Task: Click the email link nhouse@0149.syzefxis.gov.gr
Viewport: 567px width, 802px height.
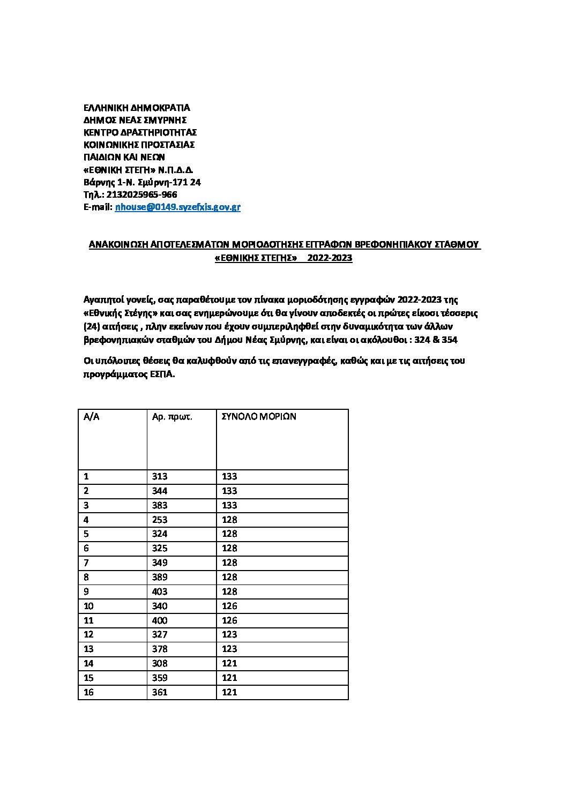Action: [x=177, y=207]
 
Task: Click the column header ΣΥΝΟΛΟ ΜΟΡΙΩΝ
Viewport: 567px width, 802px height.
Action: [x=258, y=416]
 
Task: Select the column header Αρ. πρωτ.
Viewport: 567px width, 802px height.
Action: [x=172, y=416]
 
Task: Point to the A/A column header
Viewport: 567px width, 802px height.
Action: [x=91, y=416]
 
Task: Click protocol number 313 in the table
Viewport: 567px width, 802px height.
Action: [x=160, y=476]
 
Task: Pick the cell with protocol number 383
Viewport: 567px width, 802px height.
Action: [x=160, y=505]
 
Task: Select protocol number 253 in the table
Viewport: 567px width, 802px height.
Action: [x=160, y=520]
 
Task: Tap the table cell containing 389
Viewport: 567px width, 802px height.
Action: [x=160, y=577]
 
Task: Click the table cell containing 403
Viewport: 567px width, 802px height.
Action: [x=160, y=591]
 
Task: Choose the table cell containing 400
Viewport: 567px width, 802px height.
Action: [x=160, y=620]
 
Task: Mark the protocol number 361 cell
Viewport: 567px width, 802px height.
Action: [x=160, y=692]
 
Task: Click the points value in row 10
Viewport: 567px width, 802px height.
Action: [x=229, y=606]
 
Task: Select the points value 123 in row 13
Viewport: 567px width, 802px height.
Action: [x=229, y=649]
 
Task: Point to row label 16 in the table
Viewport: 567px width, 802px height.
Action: [x=88, y=692]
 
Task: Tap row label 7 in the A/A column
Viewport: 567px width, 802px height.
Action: [x=86, y=563]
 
